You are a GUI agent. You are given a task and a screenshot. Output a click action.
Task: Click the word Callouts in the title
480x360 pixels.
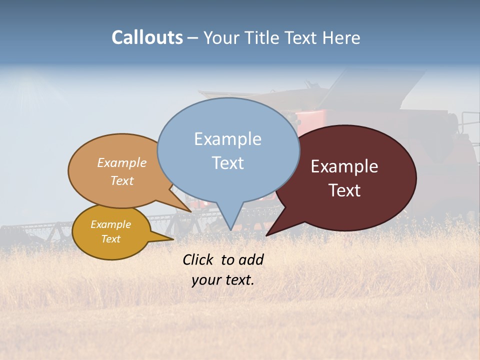tap(147, 37)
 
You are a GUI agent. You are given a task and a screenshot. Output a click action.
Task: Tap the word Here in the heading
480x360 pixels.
tap(342, 37)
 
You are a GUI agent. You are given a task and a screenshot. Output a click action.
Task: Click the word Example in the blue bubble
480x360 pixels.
tap(227, 139)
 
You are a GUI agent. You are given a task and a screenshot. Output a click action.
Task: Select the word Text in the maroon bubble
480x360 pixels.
tap(344, 190)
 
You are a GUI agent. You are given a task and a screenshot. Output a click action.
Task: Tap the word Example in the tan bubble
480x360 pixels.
tap(122, 162)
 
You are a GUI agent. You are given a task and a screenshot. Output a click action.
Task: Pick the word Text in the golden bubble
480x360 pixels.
tap(110, 239)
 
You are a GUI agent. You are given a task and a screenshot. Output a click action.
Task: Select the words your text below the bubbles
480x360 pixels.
tap(222, 280)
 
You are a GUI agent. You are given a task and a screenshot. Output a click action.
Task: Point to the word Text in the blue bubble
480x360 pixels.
tap(227, 163)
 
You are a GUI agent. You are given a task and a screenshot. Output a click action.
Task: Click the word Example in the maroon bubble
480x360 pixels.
tap(344, 166)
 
